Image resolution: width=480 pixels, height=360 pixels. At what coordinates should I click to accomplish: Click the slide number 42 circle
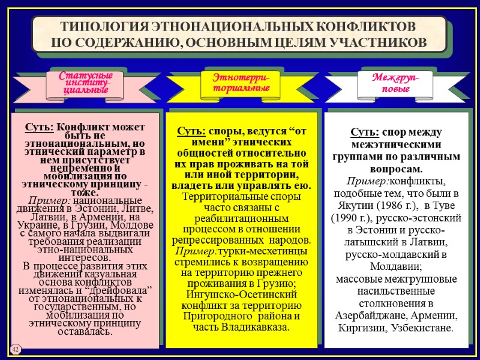[14, 347]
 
